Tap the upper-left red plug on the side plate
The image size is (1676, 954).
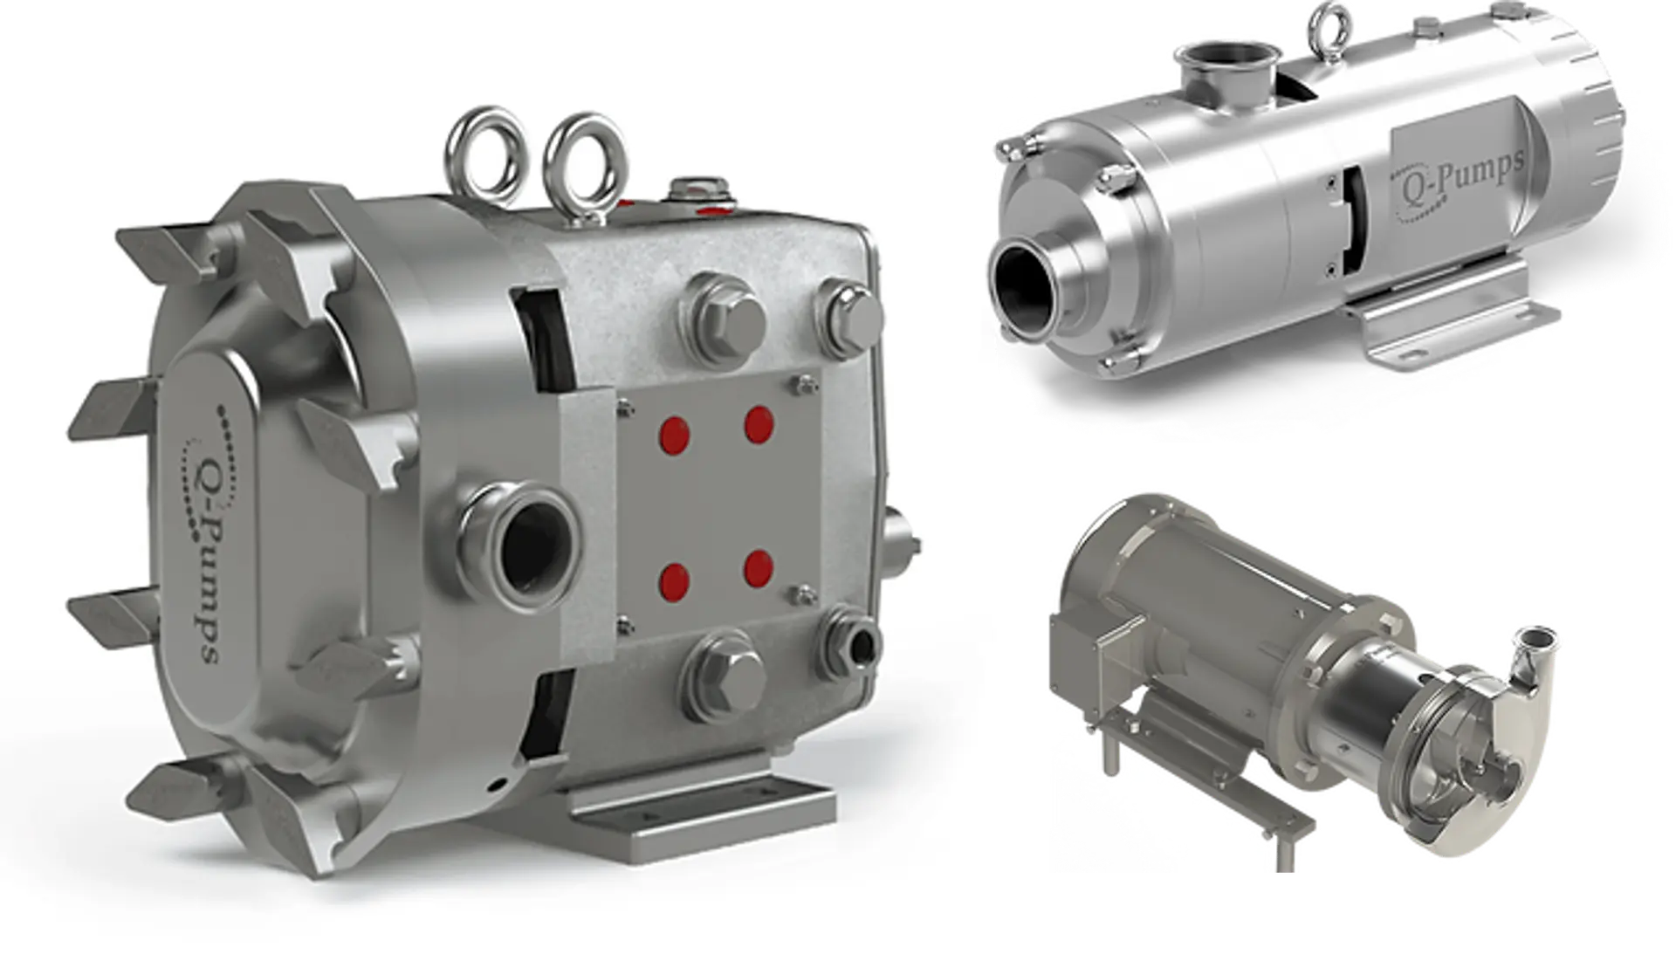tap(674, 435)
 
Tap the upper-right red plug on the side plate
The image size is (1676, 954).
tap(759, 424)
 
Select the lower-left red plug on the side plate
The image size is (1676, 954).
tap(674, 580)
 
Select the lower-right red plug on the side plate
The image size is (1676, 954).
tap(759, 568)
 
